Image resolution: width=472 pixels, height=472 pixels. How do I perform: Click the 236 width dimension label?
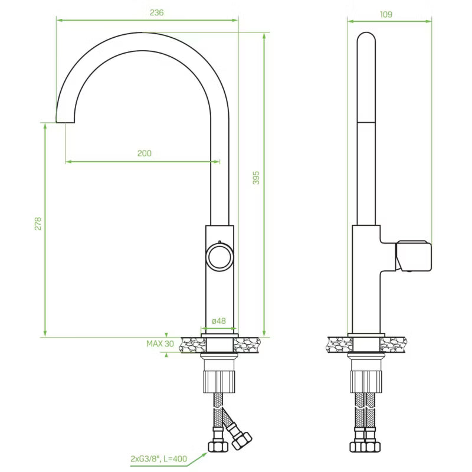tap(156, 12)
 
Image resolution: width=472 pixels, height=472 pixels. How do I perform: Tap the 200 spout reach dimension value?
tap(145, 153)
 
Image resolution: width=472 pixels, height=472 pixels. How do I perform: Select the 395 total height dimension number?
tap(256, 178)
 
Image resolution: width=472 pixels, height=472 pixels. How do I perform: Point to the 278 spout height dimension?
tap(38, 224)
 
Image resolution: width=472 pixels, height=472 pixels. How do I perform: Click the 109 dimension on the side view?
tap(386, 14)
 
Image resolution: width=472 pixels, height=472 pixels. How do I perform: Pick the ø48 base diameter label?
tap(219, 321)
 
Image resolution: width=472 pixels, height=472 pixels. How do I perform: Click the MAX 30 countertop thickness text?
tap(160, 344)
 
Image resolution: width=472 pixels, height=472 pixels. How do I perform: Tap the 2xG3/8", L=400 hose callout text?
tap(159, 459)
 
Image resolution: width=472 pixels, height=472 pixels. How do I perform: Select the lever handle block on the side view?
tap(414, 255)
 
